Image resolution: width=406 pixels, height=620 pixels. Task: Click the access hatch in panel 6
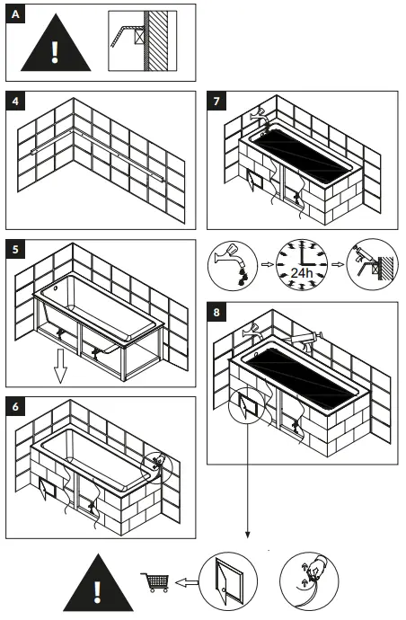click(48, 492)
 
